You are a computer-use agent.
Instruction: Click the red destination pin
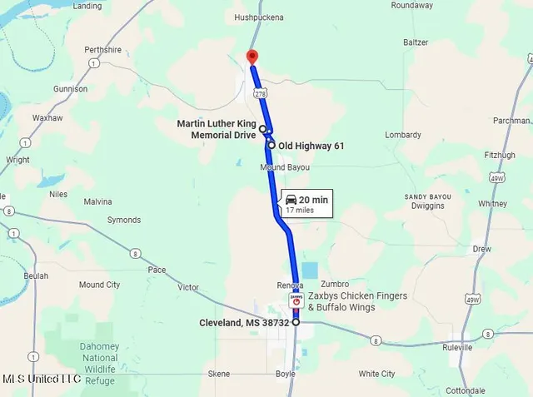point(252,57)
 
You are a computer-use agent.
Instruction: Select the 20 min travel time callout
point(306,203)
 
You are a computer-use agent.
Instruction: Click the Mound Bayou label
point(284,167)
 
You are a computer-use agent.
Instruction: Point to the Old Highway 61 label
point(311,146)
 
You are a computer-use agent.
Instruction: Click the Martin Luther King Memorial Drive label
point(215,129)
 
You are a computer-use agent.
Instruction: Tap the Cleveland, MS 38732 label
point(243,323)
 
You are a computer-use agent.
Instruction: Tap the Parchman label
point(511,121)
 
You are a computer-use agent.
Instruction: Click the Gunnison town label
point(70,88)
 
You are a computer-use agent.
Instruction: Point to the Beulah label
point(36,275)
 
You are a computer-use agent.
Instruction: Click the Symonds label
point(124,221)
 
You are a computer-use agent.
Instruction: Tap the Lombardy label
point(404,135)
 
